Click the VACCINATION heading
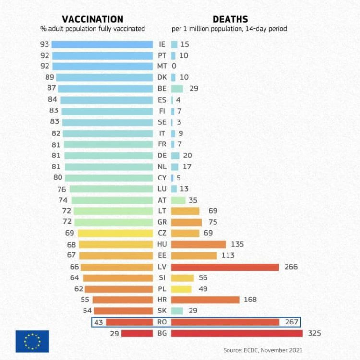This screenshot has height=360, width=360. point(93,19)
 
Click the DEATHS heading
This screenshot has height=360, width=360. point(230,19)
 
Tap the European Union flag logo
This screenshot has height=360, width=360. point(32,341)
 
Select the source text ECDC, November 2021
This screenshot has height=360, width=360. point(263,350)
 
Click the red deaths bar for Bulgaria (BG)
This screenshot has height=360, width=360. point(237,333)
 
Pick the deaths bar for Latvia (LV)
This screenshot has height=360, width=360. point(225,267)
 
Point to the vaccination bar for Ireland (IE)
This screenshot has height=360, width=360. point(102,44)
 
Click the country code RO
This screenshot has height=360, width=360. point(162,322)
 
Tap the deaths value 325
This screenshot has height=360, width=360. point(313,333)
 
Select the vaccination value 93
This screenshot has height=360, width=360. point(45,44)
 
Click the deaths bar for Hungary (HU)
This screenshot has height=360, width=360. point(198,244)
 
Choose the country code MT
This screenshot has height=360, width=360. point(162,66)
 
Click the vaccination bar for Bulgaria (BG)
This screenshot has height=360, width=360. point(137,333)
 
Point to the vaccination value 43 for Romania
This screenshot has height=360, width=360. point(98,322)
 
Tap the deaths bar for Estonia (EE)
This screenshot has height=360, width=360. point(194,255)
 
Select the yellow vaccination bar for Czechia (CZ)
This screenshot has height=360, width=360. point(115,233)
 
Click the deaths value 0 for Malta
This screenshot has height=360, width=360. point(174,66)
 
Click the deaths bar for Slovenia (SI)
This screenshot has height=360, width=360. point(182,278)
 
